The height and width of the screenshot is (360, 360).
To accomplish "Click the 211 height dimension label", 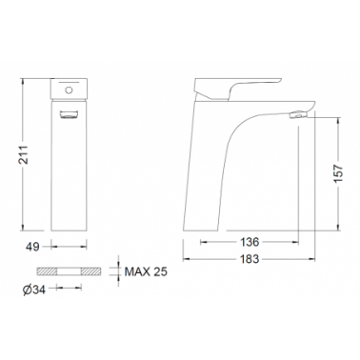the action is [x=24, y=154].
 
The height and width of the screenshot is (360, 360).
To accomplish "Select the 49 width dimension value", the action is [x=32, y=247].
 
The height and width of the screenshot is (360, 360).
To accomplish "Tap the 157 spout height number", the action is [x=339, y=173].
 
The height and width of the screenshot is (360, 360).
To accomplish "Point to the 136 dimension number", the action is [x=250, y=242].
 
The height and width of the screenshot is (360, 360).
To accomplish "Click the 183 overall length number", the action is [x=250, y=259].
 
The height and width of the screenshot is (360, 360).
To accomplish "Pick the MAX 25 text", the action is [x=146, y=271].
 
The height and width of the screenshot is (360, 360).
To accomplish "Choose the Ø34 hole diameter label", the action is [x=34, y=290].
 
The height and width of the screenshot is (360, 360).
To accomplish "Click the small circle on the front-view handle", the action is [x=69, y=90].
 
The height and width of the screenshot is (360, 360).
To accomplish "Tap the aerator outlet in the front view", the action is [x=69, y=114].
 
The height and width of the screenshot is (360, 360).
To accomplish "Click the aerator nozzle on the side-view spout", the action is [x=298, y=115].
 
